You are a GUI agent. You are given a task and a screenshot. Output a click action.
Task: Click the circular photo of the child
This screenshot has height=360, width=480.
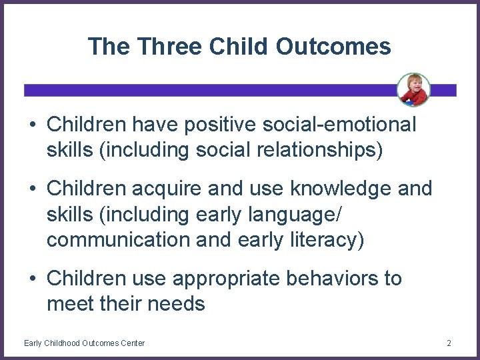[413, 89]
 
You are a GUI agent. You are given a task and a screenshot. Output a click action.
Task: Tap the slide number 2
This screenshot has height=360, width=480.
[449, 343]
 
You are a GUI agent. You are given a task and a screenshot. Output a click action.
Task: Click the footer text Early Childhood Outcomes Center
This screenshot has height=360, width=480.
[84, 343]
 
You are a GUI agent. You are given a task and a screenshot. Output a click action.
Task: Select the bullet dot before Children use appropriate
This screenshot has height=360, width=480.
[32, 279]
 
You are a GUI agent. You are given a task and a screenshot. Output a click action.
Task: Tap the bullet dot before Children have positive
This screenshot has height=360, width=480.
[32, 125]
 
